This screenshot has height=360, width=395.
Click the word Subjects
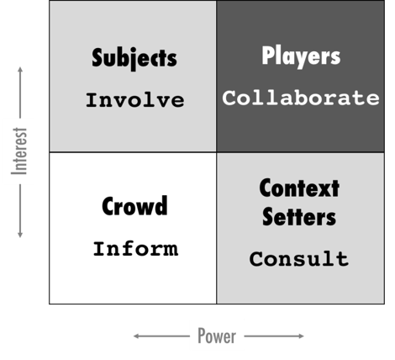(x=134, y=58)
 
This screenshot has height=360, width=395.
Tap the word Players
(x=301, y=56)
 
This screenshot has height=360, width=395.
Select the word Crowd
(x=134, y=206)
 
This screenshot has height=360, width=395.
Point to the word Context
(x=299, y=188)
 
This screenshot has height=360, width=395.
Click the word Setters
(x=299, y=217)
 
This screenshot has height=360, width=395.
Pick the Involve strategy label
(x=135, y=100)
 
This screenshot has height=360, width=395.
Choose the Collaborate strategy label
(x=301, y=98)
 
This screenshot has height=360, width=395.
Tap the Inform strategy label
(x=135, y=249)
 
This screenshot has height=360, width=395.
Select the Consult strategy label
(x=299, y=258)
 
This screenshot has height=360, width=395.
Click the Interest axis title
(x=19, y=151)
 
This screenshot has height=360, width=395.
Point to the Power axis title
(x=217, y=336)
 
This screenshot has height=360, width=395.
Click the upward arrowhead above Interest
(x=20, y=69)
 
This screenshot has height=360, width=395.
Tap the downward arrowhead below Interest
(x=20, y=235)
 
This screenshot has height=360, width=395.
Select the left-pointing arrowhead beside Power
(x=135, y=336)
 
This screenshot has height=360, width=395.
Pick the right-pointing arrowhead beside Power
(x=302, y=336)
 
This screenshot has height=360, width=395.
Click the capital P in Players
(x=267, y=56)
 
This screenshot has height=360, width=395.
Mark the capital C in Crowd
(x=107, y=206)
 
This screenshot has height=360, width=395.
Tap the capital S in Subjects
(x=97, y=58)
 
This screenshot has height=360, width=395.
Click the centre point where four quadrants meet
(x=217, y=152)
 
